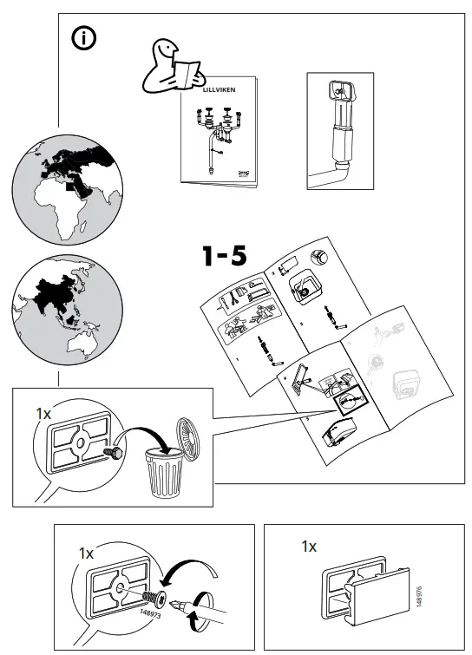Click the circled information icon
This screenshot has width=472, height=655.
coord(83,38)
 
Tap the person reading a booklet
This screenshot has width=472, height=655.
coord(170,66)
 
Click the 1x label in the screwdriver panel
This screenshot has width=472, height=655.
coord(85,553)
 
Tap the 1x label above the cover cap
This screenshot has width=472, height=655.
coord(308,547)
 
